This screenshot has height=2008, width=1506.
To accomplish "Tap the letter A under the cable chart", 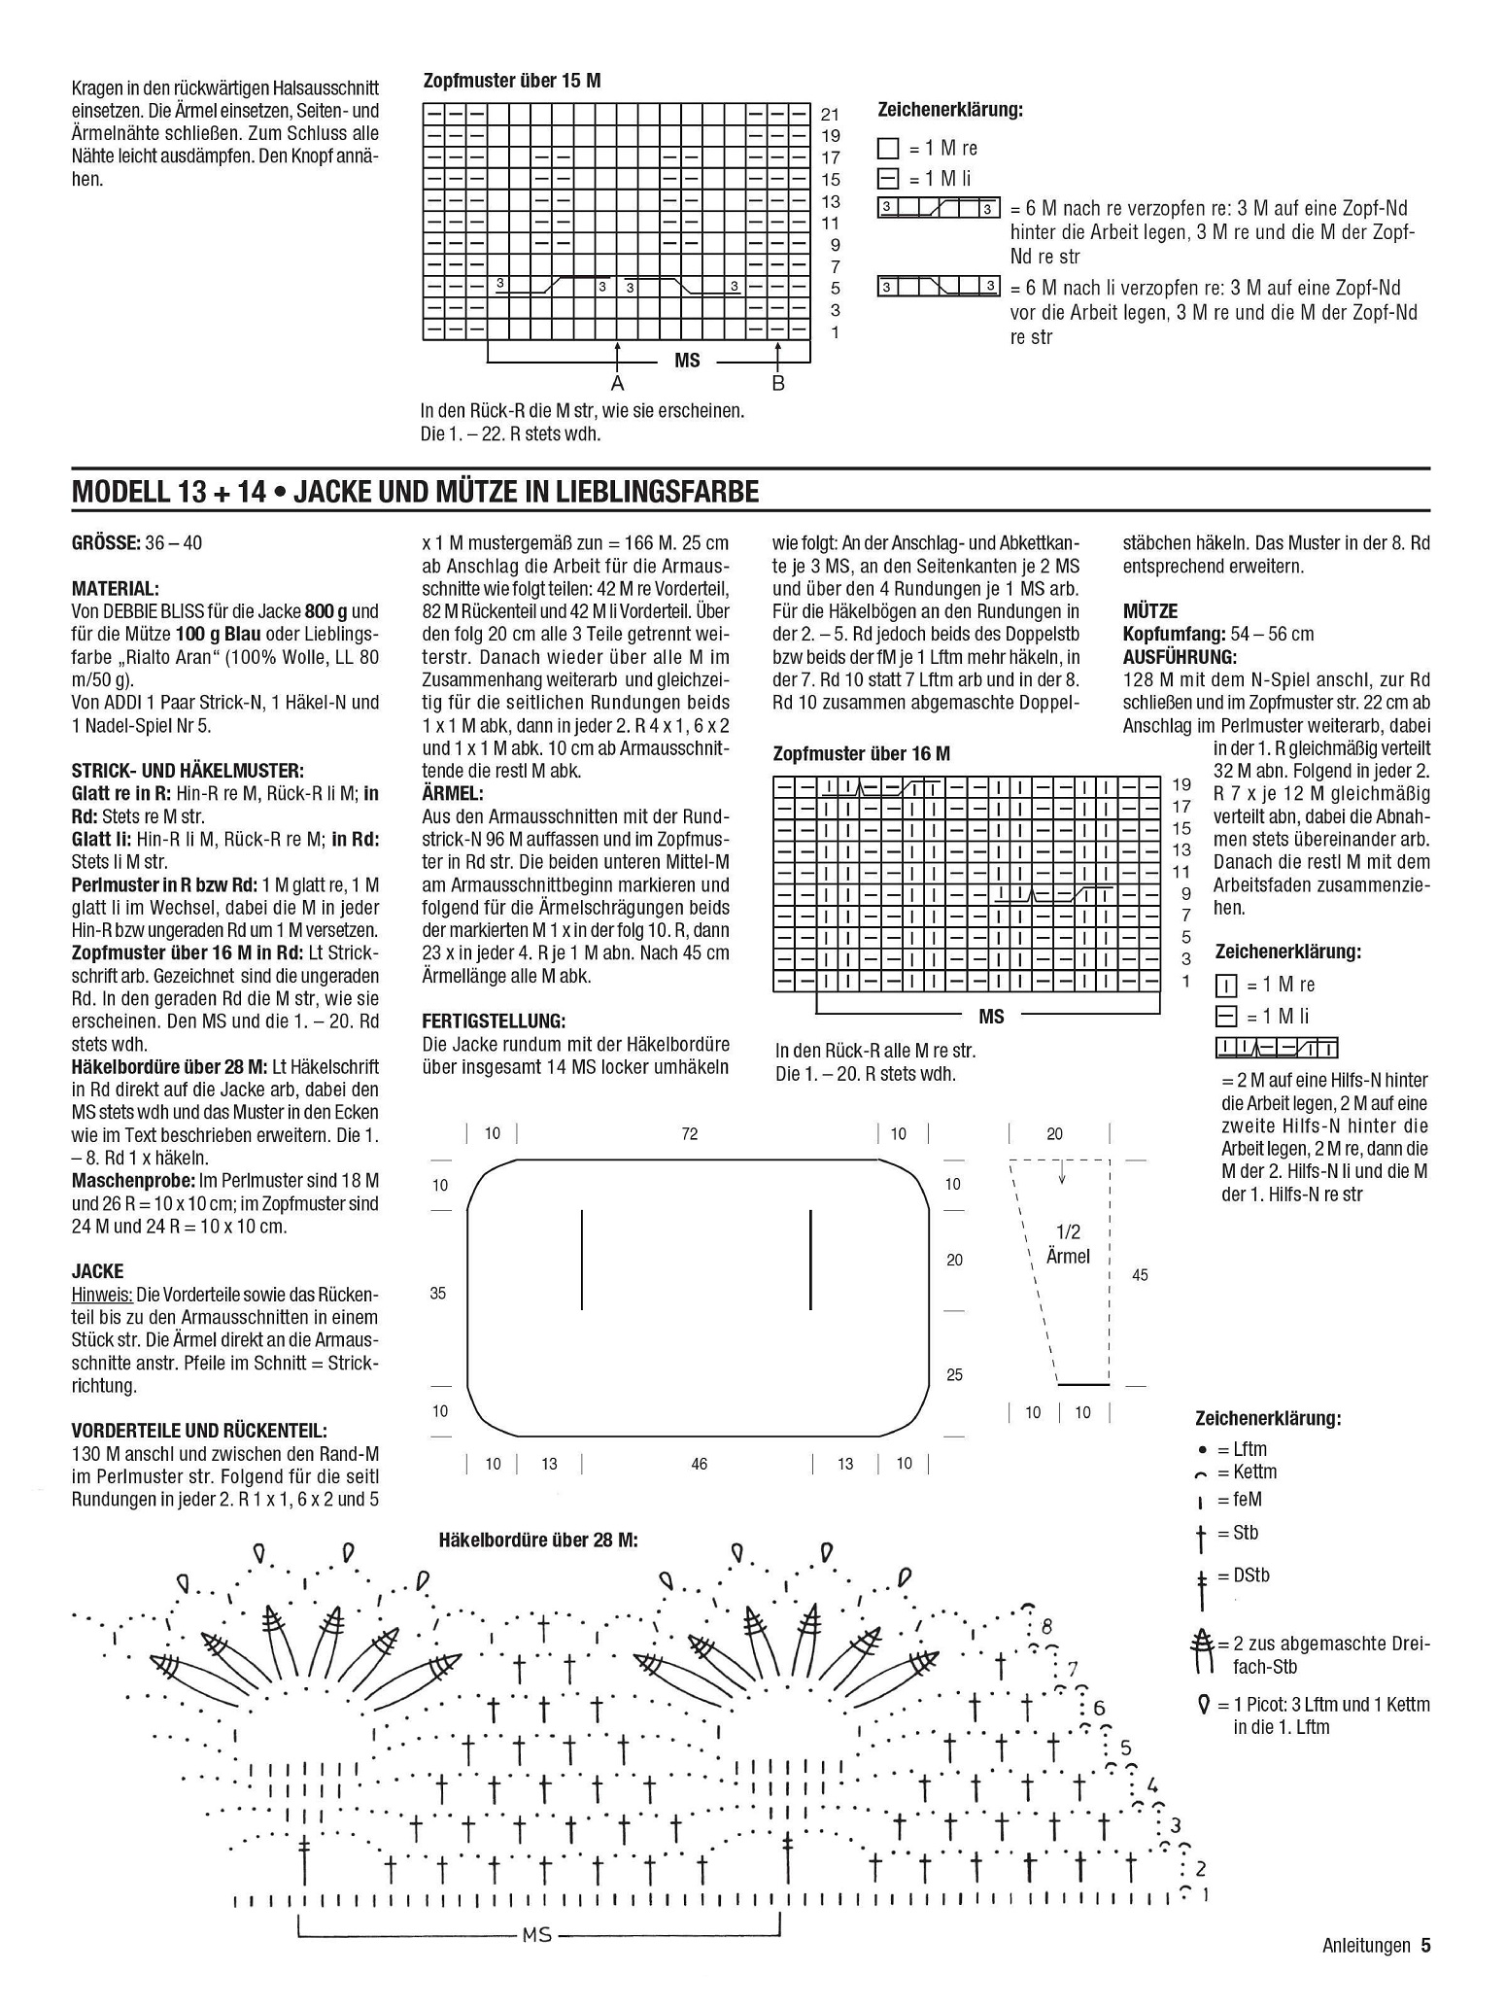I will (616, 384).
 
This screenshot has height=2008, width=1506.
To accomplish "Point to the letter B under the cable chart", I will (778, 384).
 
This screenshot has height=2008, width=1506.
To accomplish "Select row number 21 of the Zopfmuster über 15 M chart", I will (831, 114).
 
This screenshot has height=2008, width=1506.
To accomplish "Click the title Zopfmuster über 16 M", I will (861, 753).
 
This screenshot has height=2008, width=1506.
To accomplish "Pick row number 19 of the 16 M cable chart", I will (1181, 784).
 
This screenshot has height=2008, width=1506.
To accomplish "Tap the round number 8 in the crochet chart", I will (1046, 1627).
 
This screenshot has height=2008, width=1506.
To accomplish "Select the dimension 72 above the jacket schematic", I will (689, 1134).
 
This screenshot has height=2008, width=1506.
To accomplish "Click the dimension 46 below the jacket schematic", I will (699, 1464).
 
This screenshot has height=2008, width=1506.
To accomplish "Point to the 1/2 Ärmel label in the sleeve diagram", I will (1068, 1244).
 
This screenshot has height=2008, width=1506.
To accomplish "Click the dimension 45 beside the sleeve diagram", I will (1140, 1274).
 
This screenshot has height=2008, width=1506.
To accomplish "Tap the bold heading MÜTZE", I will (1150, 611).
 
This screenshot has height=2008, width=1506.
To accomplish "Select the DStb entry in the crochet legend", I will (1251, 1575).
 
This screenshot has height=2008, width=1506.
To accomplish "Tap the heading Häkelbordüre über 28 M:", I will (538, 1541).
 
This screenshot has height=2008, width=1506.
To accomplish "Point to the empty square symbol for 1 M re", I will (888, 149).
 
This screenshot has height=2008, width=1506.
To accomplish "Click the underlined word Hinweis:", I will (102, 1295).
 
